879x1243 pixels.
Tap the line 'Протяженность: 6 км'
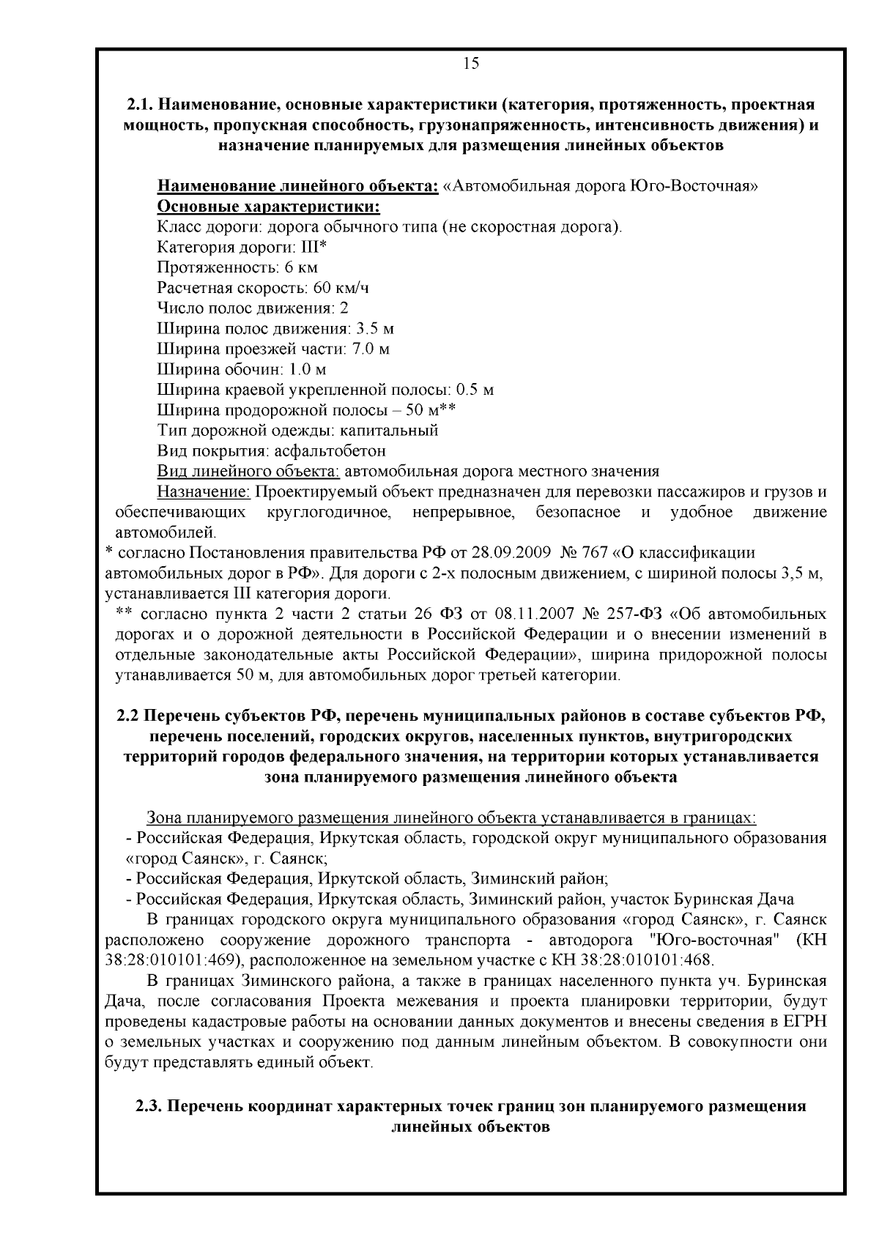(x=237, y=267)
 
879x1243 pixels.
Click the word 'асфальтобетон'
(x=326, y=450)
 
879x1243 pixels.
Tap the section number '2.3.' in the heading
(x=151, y=1106)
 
